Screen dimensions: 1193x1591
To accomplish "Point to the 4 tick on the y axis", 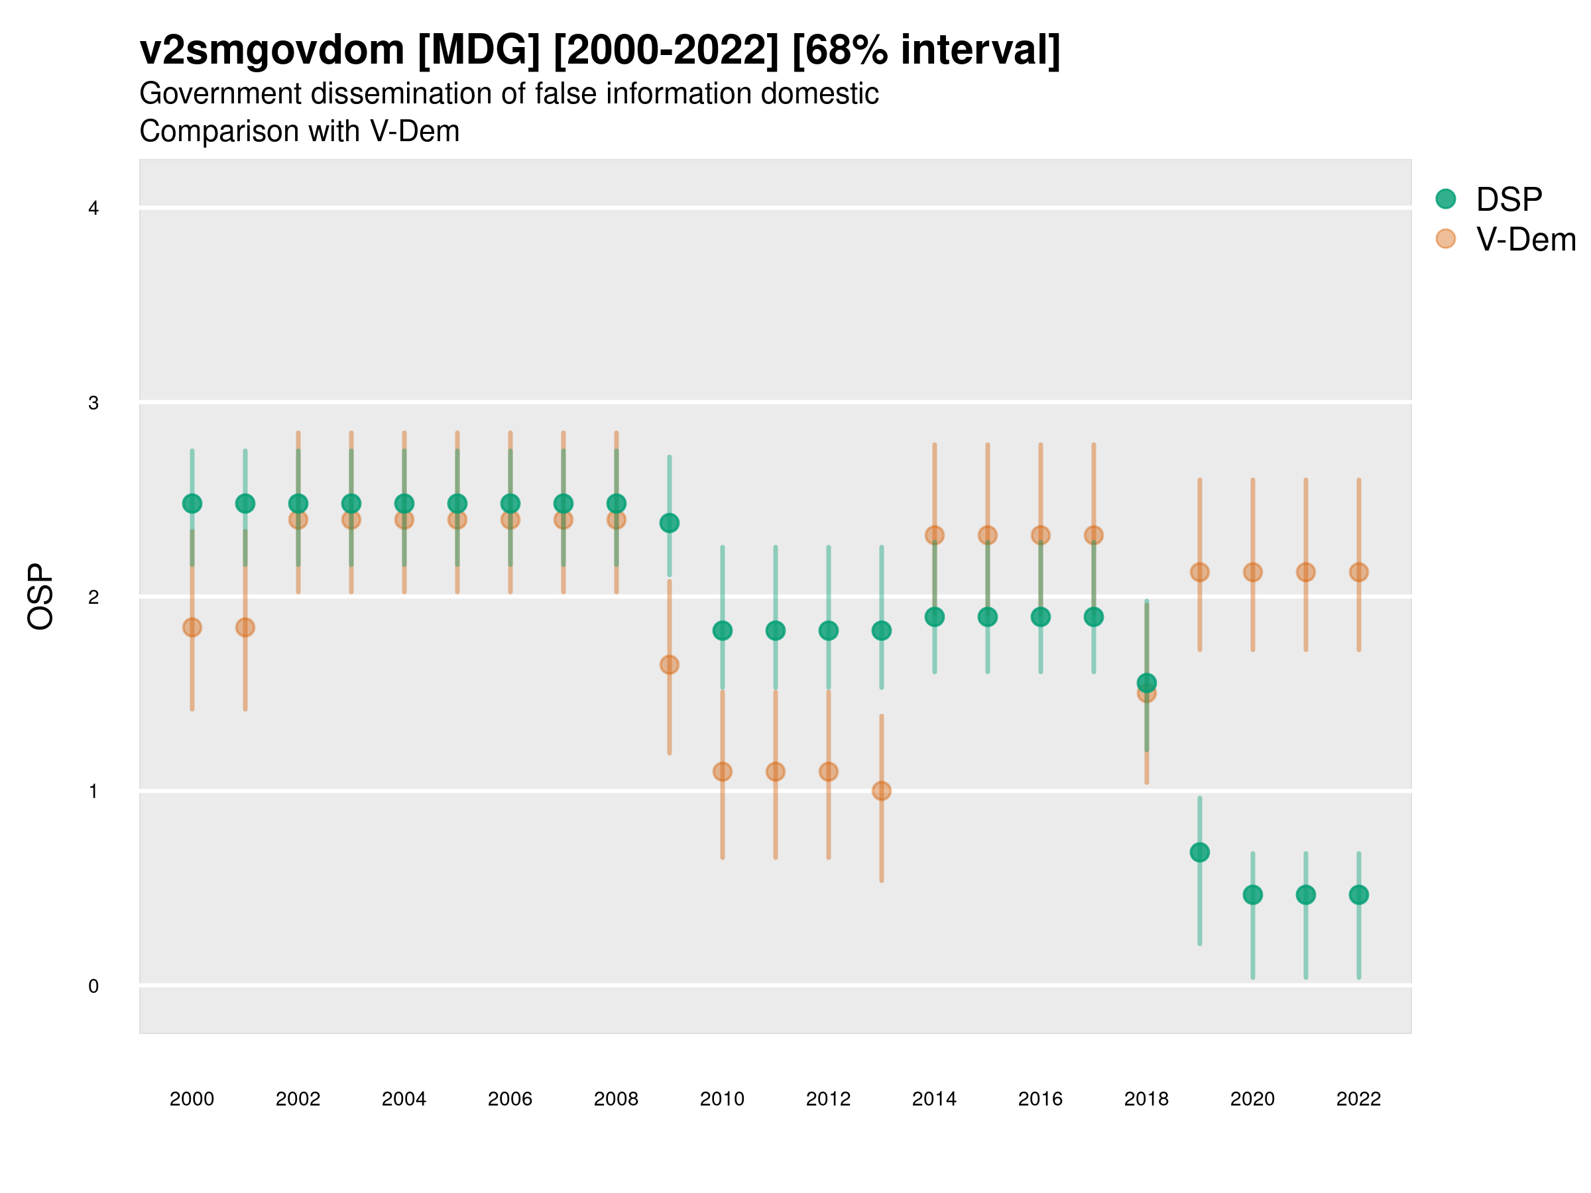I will click(93, 209).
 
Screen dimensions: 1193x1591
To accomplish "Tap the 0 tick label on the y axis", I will click(93, 986).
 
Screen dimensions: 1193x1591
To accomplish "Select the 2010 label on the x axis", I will click(722, 1099).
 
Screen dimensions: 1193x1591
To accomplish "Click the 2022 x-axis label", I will click(1359, 1099).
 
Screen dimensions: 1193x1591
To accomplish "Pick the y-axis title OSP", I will click(41, 597).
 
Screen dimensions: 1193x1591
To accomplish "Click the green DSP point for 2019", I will click(1200, 852).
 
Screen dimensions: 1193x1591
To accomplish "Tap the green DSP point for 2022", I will click(1359, 895).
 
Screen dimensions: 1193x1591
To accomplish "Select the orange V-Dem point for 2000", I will click(192, 627).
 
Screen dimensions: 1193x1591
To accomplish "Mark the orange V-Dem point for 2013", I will click(881, 791).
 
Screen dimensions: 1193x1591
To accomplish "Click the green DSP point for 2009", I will click(669, 523).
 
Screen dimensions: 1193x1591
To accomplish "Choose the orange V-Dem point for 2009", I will click(669, 665).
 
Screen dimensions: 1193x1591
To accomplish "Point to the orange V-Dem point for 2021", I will click(1305, 573).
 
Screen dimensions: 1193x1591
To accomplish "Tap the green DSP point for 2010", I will click(722, 631).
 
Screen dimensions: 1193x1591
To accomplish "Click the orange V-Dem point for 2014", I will click(934, 535).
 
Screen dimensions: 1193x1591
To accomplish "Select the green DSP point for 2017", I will click(1093, 616).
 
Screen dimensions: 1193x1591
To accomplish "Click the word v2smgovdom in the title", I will click(272, 50).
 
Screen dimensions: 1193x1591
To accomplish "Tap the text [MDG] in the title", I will click(479, 50).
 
